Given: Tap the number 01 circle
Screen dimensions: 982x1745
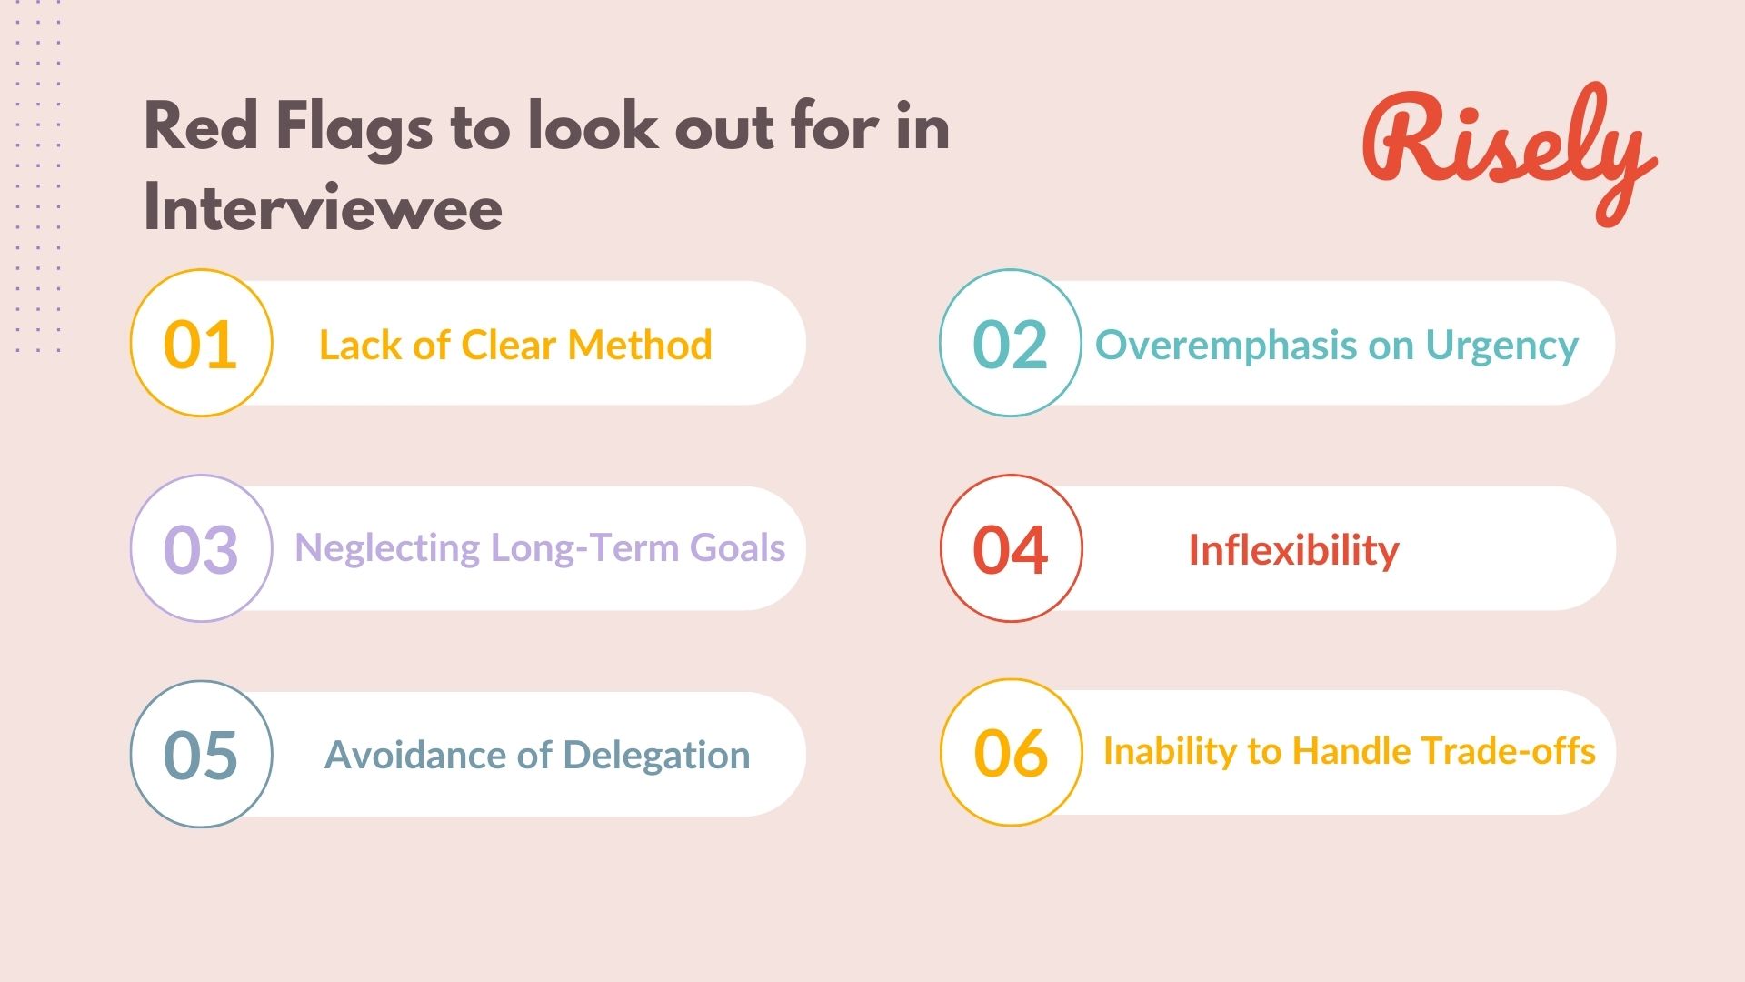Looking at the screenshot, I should (201, 344).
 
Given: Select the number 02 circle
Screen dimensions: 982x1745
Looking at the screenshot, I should (1010, 344).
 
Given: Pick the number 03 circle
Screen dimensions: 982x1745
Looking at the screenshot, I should (201, 549).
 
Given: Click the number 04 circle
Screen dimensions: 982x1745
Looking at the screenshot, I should (1011, 549).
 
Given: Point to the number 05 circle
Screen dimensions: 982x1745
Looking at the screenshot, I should (201, 755).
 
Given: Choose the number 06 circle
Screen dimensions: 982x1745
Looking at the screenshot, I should (1011, 753).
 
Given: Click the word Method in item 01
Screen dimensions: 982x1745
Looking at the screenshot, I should (640, 346).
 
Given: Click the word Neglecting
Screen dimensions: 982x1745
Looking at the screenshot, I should (387, 549).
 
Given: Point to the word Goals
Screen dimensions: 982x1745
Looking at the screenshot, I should (737, 548).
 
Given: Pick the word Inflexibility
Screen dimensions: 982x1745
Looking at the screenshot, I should (1293, 551).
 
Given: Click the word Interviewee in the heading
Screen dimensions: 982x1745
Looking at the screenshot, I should (323, 208).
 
